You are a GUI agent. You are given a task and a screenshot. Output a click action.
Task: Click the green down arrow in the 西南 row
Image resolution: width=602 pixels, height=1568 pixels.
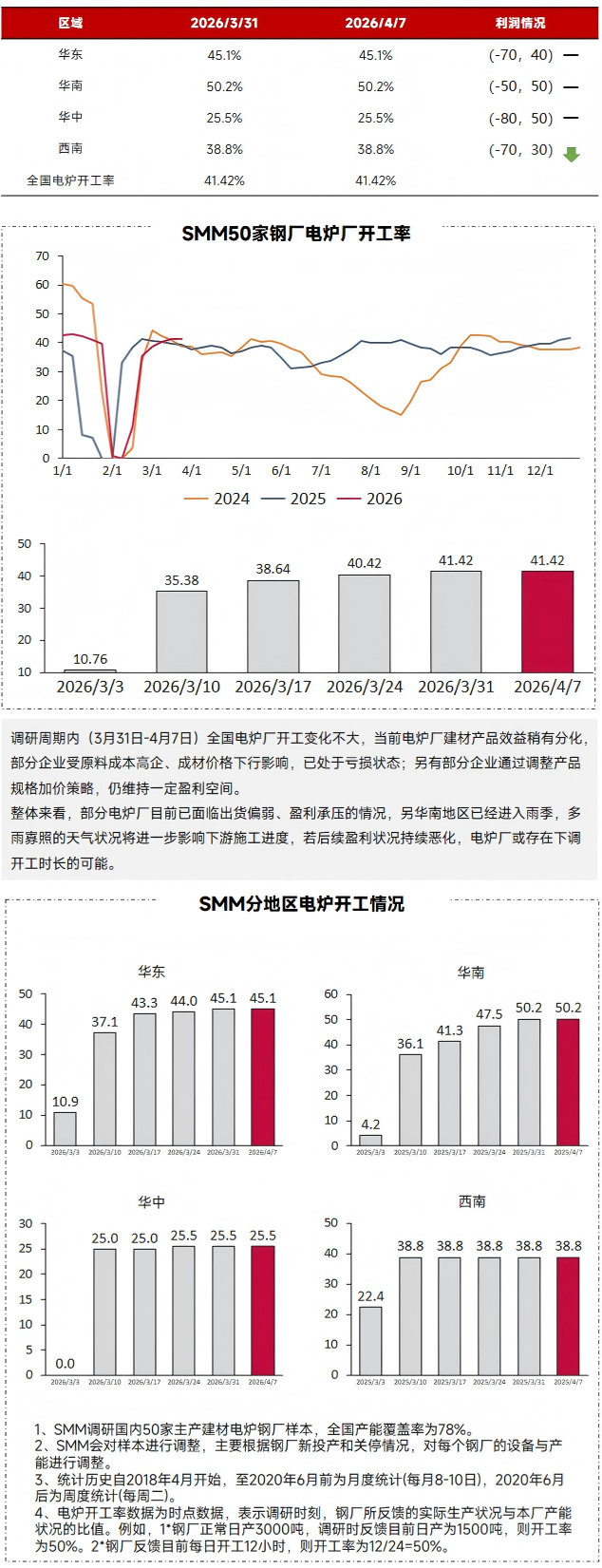pos(571,153)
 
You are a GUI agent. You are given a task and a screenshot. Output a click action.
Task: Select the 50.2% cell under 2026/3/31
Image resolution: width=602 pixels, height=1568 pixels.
pos(224,86)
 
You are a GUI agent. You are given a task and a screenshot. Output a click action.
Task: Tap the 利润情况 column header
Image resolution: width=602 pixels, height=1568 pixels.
pos(520,23)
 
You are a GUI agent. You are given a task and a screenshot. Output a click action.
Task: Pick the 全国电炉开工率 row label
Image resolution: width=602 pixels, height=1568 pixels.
pos(70,180)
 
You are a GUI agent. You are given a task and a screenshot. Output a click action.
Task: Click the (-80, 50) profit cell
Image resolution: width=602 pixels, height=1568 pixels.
pos(520,119)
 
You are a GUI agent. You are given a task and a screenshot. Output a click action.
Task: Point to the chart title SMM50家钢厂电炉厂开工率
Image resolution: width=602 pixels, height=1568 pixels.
pos(296,233)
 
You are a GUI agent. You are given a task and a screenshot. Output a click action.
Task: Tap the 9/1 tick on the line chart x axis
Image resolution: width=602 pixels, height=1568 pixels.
pos(411,470)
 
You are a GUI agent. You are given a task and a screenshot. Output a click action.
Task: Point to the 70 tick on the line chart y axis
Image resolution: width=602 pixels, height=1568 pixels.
pos(42,256)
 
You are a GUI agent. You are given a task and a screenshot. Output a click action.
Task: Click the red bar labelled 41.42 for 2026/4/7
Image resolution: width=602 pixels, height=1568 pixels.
pos(547,621)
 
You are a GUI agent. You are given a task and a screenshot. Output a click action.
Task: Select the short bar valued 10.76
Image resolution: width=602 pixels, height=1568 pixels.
pos(90,671)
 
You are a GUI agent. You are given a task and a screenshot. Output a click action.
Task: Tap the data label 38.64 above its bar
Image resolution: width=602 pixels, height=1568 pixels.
pos(273,569)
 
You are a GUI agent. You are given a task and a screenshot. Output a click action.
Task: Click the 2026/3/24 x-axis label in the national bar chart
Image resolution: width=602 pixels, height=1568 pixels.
pos(365,687)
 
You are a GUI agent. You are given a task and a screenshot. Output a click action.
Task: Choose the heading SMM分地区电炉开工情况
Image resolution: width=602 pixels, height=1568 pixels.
pos(301,903)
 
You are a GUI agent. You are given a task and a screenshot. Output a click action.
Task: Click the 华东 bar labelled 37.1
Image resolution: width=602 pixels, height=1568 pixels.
pos(104,1087)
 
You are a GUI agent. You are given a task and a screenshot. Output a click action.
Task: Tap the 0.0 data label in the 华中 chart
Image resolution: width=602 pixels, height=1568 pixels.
pos(65,1364)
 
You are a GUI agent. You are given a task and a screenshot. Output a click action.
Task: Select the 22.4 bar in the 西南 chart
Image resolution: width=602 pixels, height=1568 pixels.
pos(371,1340)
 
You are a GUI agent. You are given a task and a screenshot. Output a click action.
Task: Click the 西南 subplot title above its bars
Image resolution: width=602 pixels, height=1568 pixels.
pos(472,1201)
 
